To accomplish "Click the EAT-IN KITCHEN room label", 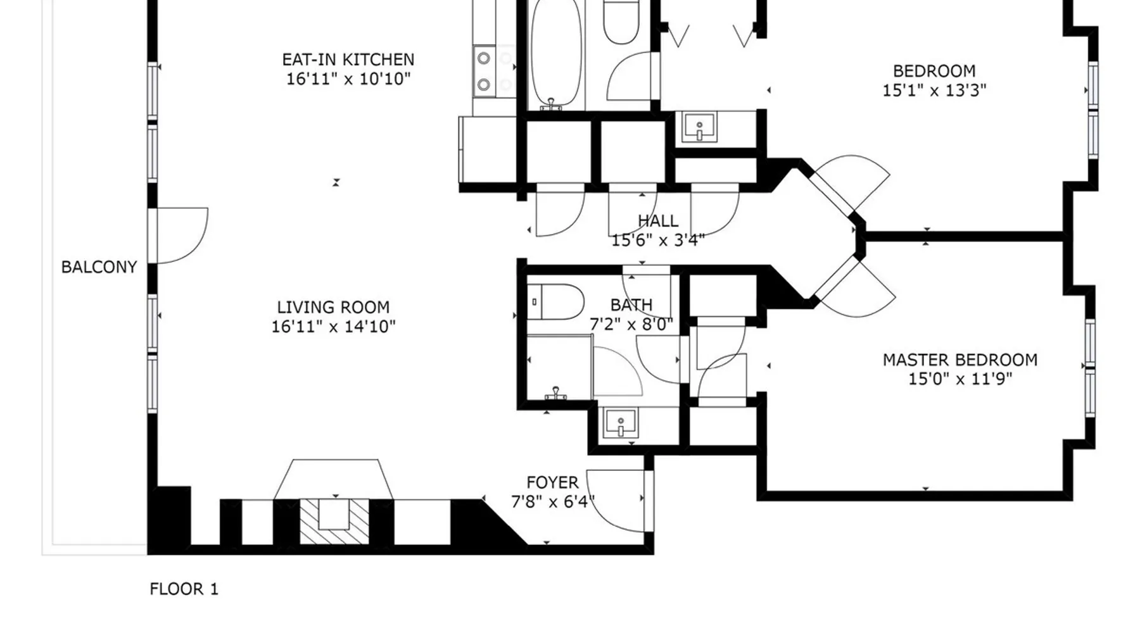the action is pyautogui.click(x=348, y=60).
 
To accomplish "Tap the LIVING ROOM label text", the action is pyautogui.click(x=333, y=307).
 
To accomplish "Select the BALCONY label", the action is pyautogui.click(x=99, y=267).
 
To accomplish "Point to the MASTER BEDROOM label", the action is pyautogui.click(x=960, y=360).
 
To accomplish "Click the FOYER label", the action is pyautogui.click(x=552, y=483).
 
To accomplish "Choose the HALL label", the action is pyautogui.click(x=658, y=221).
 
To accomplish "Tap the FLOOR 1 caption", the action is pyautogui.click(x=184, y=589).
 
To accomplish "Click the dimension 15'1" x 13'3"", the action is pyautogui.click(x=934, y=91).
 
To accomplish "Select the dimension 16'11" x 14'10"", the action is pyautogui.click(x=333, y=327).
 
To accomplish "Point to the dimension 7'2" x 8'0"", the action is pyautogui.click(x=631, y=325).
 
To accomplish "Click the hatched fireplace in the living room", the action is pyautogui.click(x=334, y=521).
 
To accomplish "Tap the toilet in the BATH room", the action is pyautogui.click(x=555, y=302).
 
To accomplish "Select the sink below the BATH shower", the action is pyautogui.click(x=621, y=423).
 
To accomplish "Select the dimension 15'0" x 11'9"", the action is pyautogui.click(x=960, y=379).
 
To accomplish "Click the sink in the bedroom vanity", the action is pyautogui.click(x=699, y=127).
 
